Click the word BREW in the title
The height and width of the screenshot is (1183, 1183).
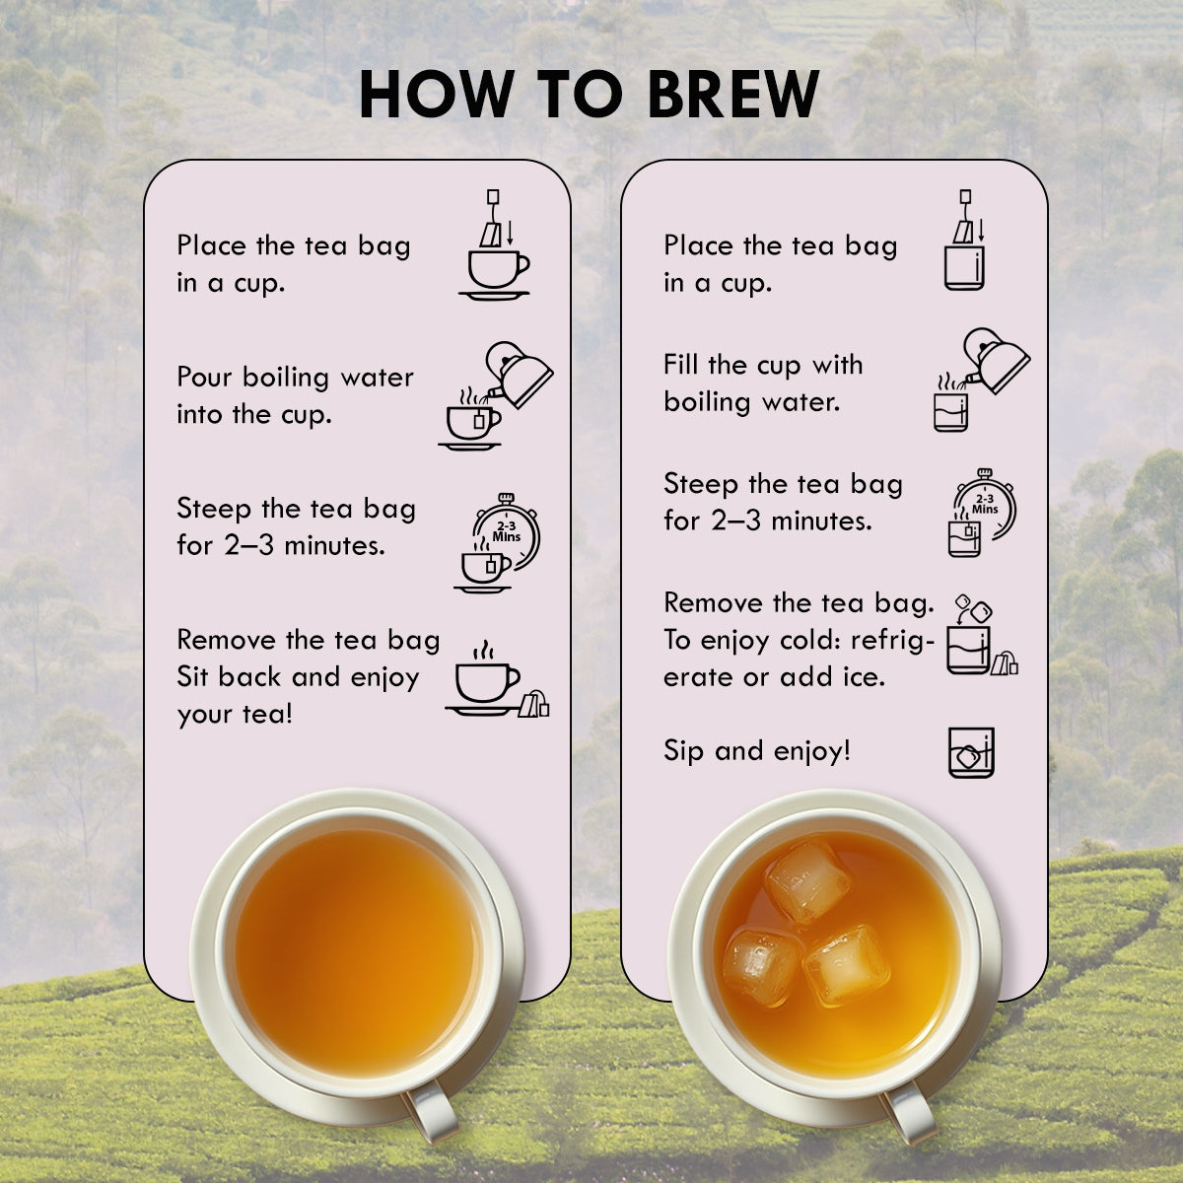tap(733, 94)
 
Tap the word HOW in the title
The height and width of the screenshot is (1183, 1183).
tap(436, 94)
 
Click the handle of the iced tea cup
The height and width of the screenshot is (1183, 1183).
tap(907, 1111)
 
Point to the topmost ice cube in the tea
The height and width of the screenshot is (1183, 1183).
tap(808, 881)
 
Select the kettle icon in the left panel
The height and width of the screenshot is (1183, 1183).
tap(520, 375)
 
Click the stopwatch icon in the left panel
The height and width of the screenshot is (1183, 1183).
tap(508, 531)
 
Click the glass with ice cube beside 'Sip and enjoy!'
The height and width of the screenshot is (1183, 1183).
tap(971, 752)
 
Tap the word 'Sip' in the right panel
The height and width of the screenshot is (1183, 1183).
tap(682, 751)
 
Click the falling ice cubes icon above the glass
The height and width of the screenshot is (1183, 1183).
tap(974, 609)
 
